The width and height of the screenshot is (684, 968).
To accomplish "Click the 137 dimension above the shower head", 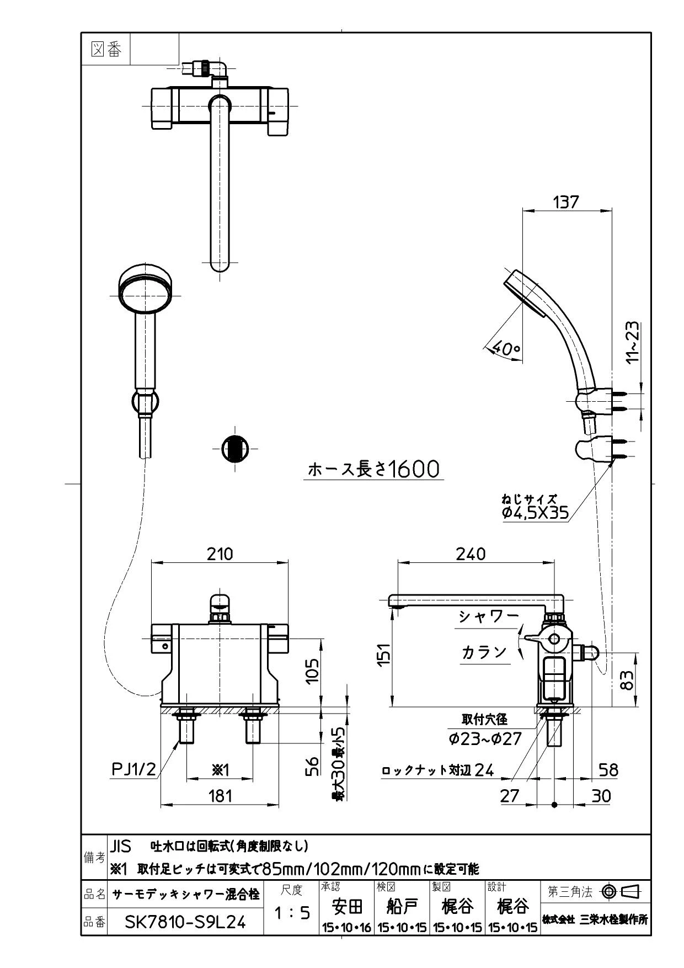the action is point(566,202).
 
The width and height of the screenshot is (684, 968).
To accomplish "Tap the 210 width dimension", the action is point(220,554).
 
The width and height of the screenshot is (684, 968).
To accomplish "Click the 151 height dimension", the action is point(384,655).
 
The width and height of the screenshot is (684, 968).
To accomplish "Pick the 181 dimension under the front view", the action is point(220,795).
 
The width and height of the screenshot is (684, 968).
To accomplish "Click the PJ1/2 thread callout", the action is point(134,769).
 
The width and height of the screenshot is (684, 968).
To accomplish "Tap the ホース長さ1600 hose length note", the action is point(373,469).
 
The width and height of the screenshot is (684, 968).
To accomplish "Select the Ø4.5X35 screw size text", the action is point(535,513).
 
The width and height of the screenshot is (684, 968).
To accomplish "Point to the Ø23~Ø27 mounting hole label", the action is point(485,738).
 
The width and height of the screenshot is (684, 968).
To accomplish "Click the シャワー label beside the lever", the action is point(489,616).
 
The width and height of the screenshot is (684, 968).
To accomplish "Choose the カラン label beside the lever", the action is point(484,652).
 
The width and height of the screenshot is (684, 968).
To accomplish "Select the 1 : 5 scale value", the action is point(292,913).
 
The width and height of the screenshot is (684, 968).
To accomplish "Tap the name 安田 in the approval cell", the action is point(348,906).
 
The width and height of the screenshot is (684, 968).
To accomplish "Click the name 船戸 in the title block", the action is point(403,906).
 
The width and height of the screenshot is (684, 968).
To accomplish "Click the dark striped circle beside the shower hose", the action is point(234,448).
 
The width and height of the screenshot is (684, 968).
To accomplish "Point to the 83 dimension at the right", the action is point(627,679).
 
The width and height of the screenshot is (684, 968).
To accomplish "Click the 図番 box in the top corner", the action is point(105,50).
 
